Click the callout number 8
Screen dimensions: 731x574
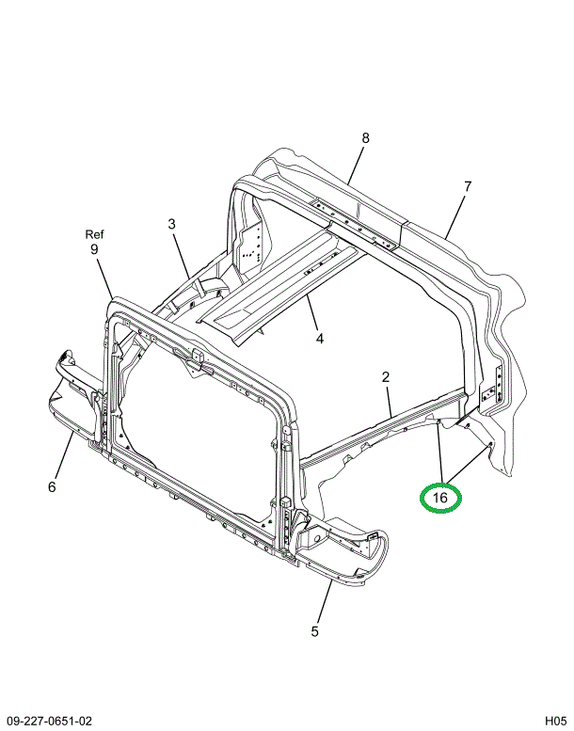(365, 138)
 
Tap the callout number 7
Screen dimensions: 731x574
(468, 186)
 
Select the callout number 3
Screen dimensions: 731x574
(172, 224)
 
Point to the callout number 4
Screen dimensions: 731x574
(319, 339)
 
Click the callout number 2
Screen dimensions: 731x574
(386, 377)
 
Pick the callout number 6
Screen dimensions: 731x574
(52, 486)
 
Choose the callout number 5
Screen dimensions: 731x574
(315, 631)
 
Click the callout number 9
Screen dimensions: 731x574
(94, 249)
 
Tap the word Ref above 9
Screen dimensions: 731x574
(94, 234)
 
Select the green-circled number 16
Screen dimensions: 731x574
(440, 498)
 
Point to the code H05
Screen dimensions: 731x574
(554, 721)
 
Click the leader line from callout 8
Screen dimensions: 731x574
(357, 164)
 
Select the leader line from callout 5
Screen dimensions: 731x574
(326, 600)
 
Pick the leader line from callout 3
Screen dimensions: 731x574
(182, 255)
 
